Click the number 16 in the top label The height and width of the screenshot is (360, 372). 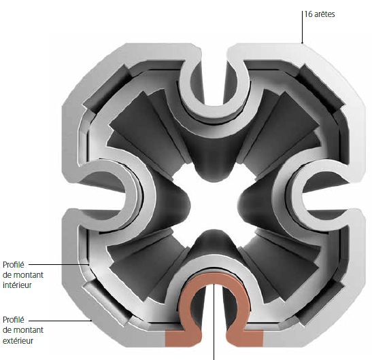308,14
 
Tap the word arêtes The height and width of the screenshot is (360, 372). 324,14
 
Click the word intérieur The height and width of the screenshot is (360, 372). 17,285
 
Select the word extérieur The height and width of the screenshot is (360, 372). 18,340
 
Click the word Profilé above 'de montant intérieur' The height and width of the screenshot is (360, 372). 14,265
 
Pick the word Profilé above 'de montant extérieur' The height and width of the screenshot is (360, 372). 14,320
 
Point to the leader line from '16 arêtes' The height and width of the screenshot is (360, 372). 302,27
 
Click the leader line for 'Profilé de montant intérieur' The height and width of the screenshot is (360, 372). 59,264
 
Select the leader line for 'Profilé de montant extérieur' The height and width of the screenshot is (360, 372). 61,321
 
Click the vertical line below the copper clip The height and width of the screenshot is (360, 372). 214,322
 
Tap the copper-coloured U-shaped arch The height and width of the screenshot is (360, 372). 214,278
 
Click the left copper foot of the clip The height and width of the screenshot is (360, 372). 183,338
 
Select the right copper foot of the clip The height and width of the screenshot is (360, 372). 245,338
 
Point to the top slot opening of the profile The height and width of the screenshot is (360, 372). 214,76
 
